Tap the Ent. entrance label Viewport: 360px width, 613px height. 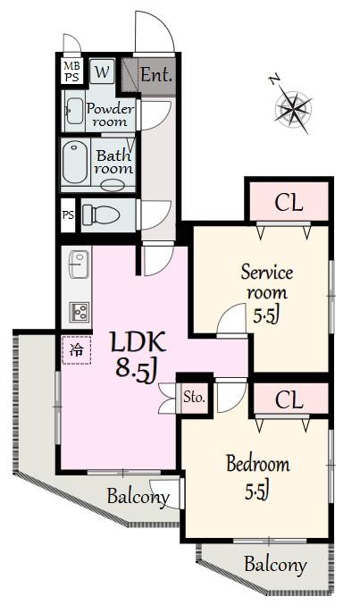pyautogui.click(x=156, y=74)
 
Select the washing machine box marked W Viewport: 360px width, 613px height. pyautogui.click(x=102, y=71)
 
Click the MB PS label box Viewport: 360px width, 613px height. pyautogui.click(x=71, y=71)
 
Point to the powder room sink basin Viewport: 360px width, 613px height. pyautogui.click(x=75, y=111)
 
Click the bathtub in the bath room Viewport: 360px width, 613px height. pyautogui.click(x=75, y=163)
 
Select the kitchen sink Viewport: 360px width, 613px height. pyautogui.click(x=79, y=265)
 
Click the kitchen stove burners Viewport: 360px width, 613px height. pyautogui.click(x=79, y=313)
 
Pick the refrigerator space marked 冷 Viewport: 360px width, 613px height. pyautogui.click(x=77, y=350)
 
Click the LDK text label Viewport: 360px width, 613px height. pyautogui.click(x=138, y=342)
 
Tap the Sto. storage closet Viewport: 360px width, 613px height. pyautogui.click(x=194, y=398)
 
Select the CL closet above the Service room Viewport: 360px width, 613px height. pyautogui.click(x=289, y=202)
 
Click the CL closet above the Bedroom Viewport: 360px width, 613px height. pyautogui.click(x=289, y=399)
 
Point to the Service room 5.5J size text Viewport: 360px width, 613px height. pyautogui.click(x=266, y=315)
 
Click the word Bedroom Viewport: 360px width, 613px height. pyautogui.click(x=258, y=464)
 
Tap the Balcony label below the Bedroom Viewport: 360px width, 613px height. pyautogui.click(x=275, y=565)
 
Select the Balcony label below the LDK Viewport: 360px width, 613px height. pyautogui.click(x=138, y=497)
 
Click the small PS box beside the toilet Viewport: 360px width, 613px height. pyautogui.click(x=68, y=215)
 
